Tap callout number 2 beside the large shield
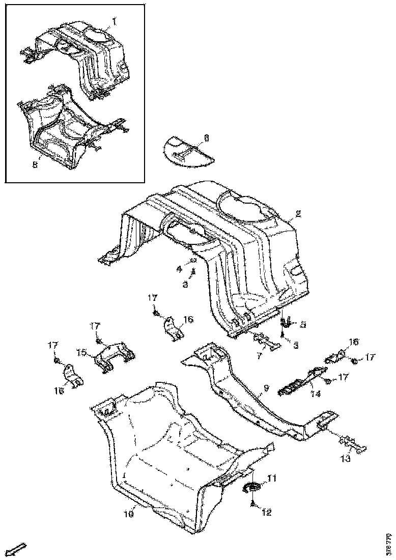click(x=298, y=214)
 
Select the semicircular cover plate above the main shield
click(x=188, y=152)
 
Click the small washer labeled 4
click(x=194, y=261)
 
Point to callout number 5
click(x=303, y=323)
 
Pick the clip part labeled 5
click(x=287, y=322)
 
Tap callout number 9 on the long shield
click(x=265, y=390)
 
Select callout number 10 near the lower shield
click(x=129, y=514)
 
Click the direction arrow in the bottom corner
click(x=18, y=549)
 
